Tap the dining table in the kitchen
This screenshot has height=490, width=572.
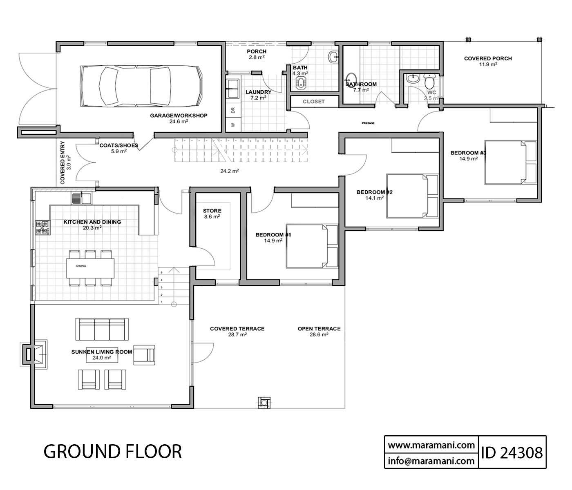[91, 268]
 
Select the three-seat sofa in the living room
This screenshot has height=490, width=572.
[102, 329]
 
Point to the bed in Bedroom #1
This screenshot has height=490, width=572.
[312, 246]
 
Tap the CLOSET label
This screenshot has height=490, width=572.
[313, 102]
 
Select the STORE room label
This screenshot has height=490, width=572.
[212, 211]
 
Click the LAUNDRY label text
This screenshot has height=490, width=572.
[258, 92]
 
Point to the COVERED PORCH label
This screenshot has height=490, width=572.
[487, 58]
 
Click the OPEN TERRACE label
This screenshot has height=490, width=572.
[319, 329]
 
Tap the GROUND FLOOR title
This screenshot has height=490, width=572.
[112, 452]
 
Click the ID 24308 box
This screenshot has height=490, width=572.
[512, 452]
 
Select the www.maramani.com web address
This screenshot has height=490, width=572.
[431, 444]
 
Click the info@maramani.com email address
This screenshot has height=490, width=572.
[431, 461]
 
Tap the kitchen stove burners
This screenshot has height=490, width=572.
[42, 227]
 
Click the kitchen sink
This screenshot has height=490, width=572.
[81, 198]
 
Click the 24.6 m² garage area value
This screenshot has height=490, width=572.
[179, 121]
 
